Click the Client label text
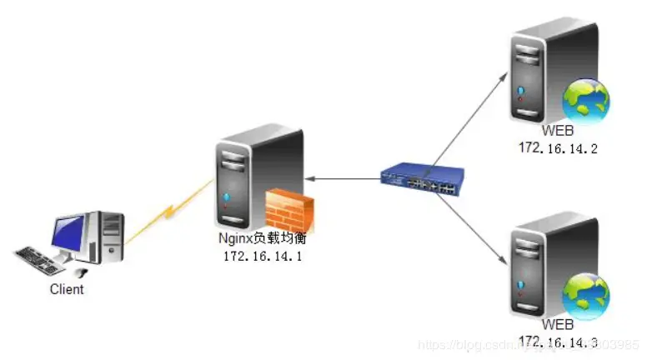pos(67,290)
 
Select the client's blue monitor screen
pos(68,231)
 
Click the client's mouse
pos(80,272)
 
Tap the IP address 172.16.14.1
pos(262,256)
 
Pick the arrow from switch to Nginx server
pos(342,178)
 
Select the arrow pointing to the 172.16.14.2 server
pos(471,117)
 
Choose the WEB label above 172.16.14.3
pos(558,325)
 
